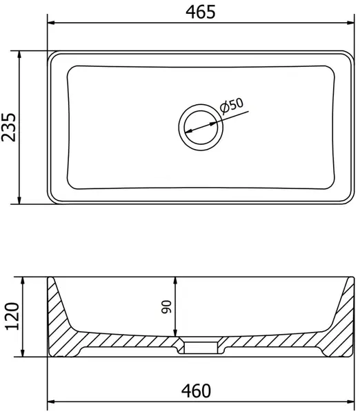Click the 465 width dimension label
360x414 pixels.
[201, 12]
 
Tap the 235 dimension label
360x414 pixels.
[9, 127]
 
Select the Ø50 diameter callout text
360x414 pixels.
[232, 106]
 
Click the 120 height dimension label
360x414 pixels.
[12, 316]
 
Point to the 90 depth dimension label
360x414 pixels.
[166, 307]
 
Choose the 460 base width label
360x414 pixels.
[197, 391]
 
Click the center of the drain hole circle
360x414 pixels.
[201, 127]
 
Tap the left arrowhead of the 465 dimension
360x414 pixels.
[51, 23]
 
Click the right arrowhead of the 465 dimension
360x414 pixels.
[351, 23]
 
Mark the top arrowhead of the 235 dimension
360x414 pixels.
[19, 55]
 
